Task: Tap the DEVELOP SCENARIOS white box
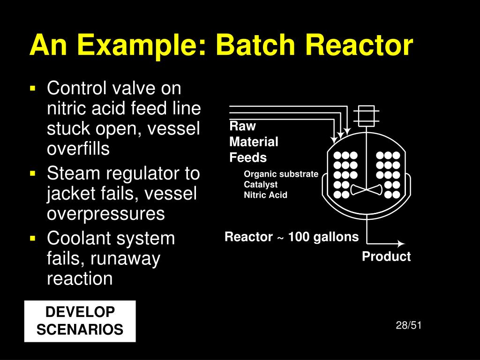80,321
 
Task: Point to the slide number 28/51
409,325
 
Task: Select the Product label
386,257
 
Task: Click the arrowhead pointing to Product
401,244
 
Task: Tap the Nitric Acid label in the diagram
265,195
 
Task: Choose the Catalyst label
261,185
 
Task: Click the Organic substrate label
281,174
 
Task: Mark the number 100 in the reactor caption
299,237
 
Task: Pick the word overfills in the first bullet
78,149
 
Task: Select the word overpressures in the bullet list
106,214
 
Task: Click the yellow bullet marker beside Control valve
33,88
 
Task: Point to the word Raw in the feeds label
242,127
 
